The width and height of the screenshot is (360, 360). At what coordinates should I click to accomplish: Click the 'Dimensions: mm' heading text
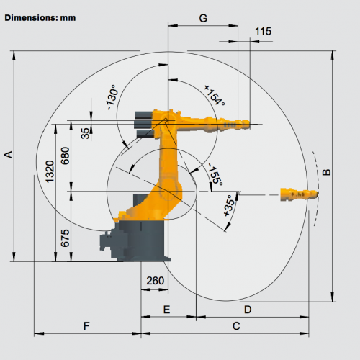tap(40, 18)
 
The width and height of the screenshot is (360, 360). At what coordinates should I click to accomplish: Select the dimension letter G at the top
tap(203, 18)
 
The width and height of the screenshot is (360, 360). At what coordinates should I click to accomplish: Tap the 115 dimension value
tap(263, 32)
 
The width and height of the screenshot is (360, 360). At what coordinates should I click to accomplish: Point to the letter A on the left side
tap(9, 154)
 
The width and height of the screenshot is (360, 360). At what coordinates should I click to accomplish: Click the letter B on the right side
tap(326, 172)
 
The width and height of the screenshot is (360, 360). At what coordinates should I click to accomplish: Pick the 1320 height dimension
tap(50, 171)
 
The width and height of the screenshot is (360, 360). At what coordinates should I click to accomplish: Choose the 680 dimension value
tap(65, 156)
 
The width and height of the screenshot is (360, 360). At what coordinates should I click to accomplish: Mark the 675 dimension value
tap(65, 238)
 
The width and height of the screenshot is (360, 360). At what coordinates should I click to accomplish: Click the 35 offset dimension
tap(85, 133)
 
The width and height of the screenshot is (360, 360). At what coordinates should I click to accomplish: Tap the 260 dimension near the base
tap(156, 281)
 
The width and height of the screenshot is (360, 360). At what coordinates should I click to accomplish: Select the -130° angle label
tap(112, 97)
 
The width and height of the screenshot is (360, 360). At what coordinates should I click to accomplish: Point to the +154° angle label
tap(215, 95)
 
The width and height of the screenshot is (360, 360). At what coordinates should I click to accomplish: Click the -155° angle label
tap(215, 174)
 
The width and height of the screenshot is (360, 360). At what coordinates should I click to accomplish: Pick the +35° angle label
tap(229, 206)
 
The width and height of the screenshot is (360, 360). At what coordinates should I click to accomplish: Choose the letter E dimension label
tap(166, 310)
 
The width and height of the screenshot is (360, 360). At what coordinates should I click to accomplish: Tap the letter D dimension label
tap(248, 310)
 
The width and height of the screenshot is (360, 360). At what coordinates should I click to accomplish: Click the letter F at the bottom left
tap(86, 326)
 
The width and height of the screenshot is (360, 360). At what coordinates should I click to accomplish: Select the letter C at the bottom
tap(236, 326)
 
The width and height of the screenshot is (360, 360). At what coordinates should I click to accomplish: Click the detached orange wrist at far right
tap(299, 194)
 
